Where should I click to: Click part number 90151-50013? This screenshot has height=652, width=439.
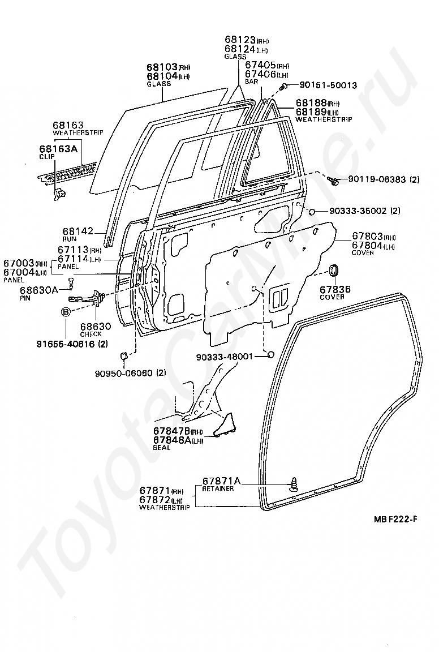pos(328,85)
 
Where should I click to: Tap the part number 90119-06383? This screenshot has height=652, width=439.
pos(377,179)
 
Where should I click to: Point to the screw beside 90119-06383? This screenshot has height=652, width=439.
pos(333,180)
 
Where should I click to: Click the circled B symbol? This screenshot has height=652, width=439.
pos(66,311)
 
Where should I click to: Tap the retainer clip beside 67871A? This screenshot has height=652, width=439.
pos(294,484)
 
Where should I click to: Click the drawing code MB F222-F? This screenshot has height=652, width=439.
pos(394,518)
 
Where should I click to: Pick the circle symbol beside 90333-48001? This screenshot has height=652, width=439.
pos(270,355)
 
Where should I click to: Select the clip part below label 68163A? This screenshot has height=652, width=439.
pos(59,194)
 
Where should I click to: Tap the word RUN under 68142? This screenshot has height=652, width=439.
pos(70,239)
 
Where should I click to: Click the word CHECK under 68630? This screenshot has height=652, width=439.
pos(91,334)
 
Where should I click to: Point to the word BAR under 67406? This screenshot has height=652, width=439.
pos(251,82)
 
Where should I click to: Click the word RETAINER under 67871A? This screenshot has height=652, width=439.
pos(218,488)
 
